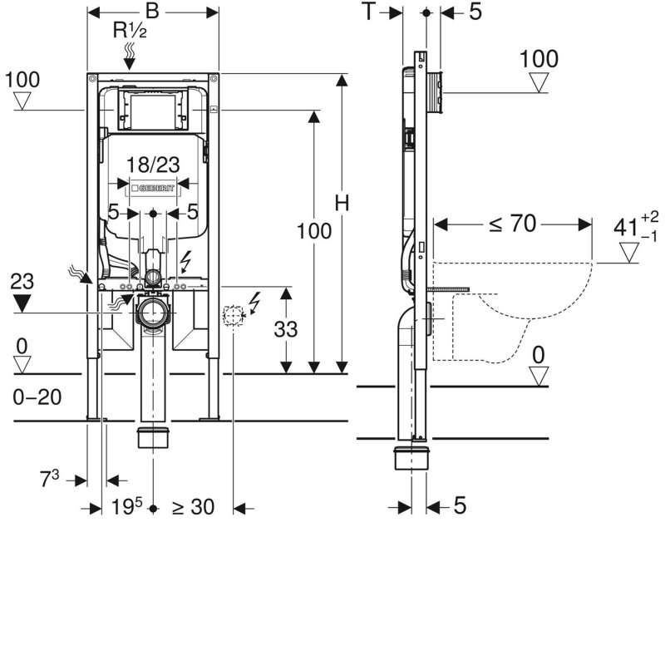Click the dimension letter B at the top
pos(152,12)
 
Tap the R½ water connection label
pos(130,31)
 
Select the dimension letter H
pos(342,203)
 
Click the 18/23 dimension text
pos(153,165)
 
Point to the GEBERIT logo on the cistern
pos(153,188)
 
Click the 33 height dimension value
pos(286,329)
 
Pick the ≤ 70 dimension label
pos(513,224)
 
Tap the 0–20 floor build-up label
pos(37,397)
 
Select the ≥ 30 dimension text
pos(194,507)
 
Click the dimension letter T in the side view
pos(369,12)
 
